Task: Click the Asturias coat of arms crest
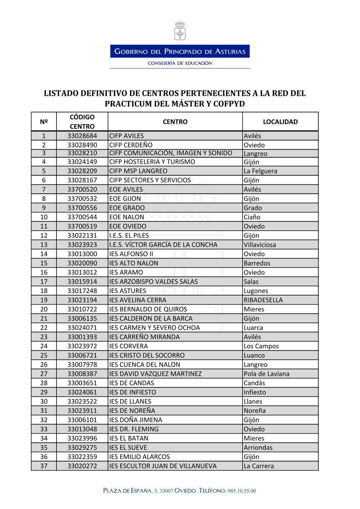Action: point(180,31)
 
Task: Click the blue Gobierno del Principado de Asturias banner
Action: point(180,51)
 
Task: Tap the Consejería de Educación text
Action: point(180,63)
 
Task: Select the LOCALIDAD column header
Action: point(280,122)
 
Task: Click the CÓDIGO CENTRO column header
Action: point(82,122)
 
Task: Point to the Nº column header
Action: point(44,122)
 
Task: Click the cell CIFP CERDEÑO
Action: point(131,145)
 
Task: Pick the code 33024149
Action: point(82,162)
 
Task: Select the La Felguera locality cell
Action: point(260,171)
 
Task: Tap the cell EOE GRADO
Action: point(127,208)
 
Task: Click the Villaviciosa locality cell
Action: point(260,245)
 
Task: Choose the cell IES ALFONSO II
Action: point(131,254)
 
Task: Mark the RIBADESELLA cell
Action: point(263,300)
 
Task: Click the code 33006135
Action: point(82,319)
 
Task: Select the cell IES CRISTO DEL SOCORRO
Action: point(147,355)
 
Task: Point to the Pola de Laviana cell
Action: point(266,374)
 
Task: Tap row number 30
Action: point(44,402)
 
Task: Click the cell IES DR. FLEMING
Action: point(134,429)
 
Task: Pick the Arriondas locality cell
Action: point(258,448)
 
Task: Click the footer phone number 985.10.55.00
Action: point(242,491)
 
